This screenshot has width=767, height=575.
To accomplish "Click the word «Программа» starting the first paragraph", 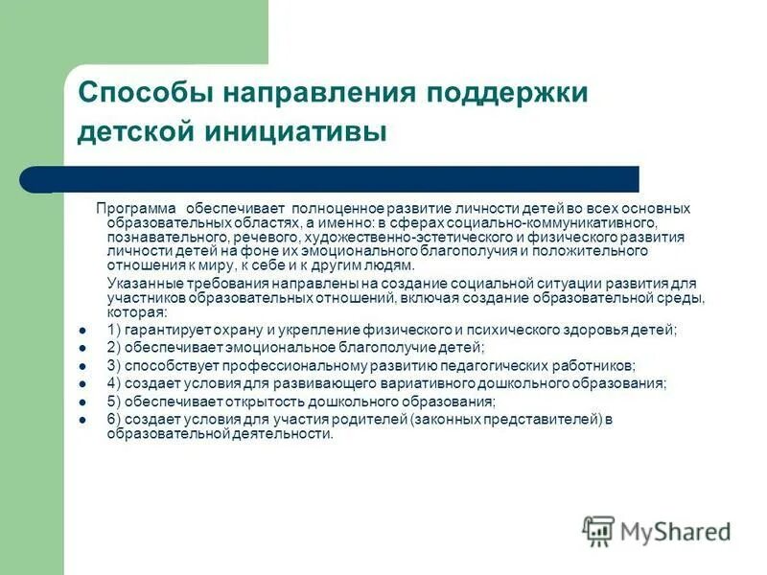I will tap(137, 208).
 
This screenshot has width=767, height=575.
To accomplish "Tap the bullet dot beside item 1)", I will tap(82, 331).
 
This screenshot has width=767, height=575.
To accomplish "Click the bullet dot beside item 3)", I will tap(82, 367).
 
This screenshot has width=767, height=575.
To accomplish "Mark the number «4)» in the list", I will tap(113, 383).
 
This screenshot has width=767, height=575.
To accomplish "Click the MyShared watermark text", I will tap(675, 531).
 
